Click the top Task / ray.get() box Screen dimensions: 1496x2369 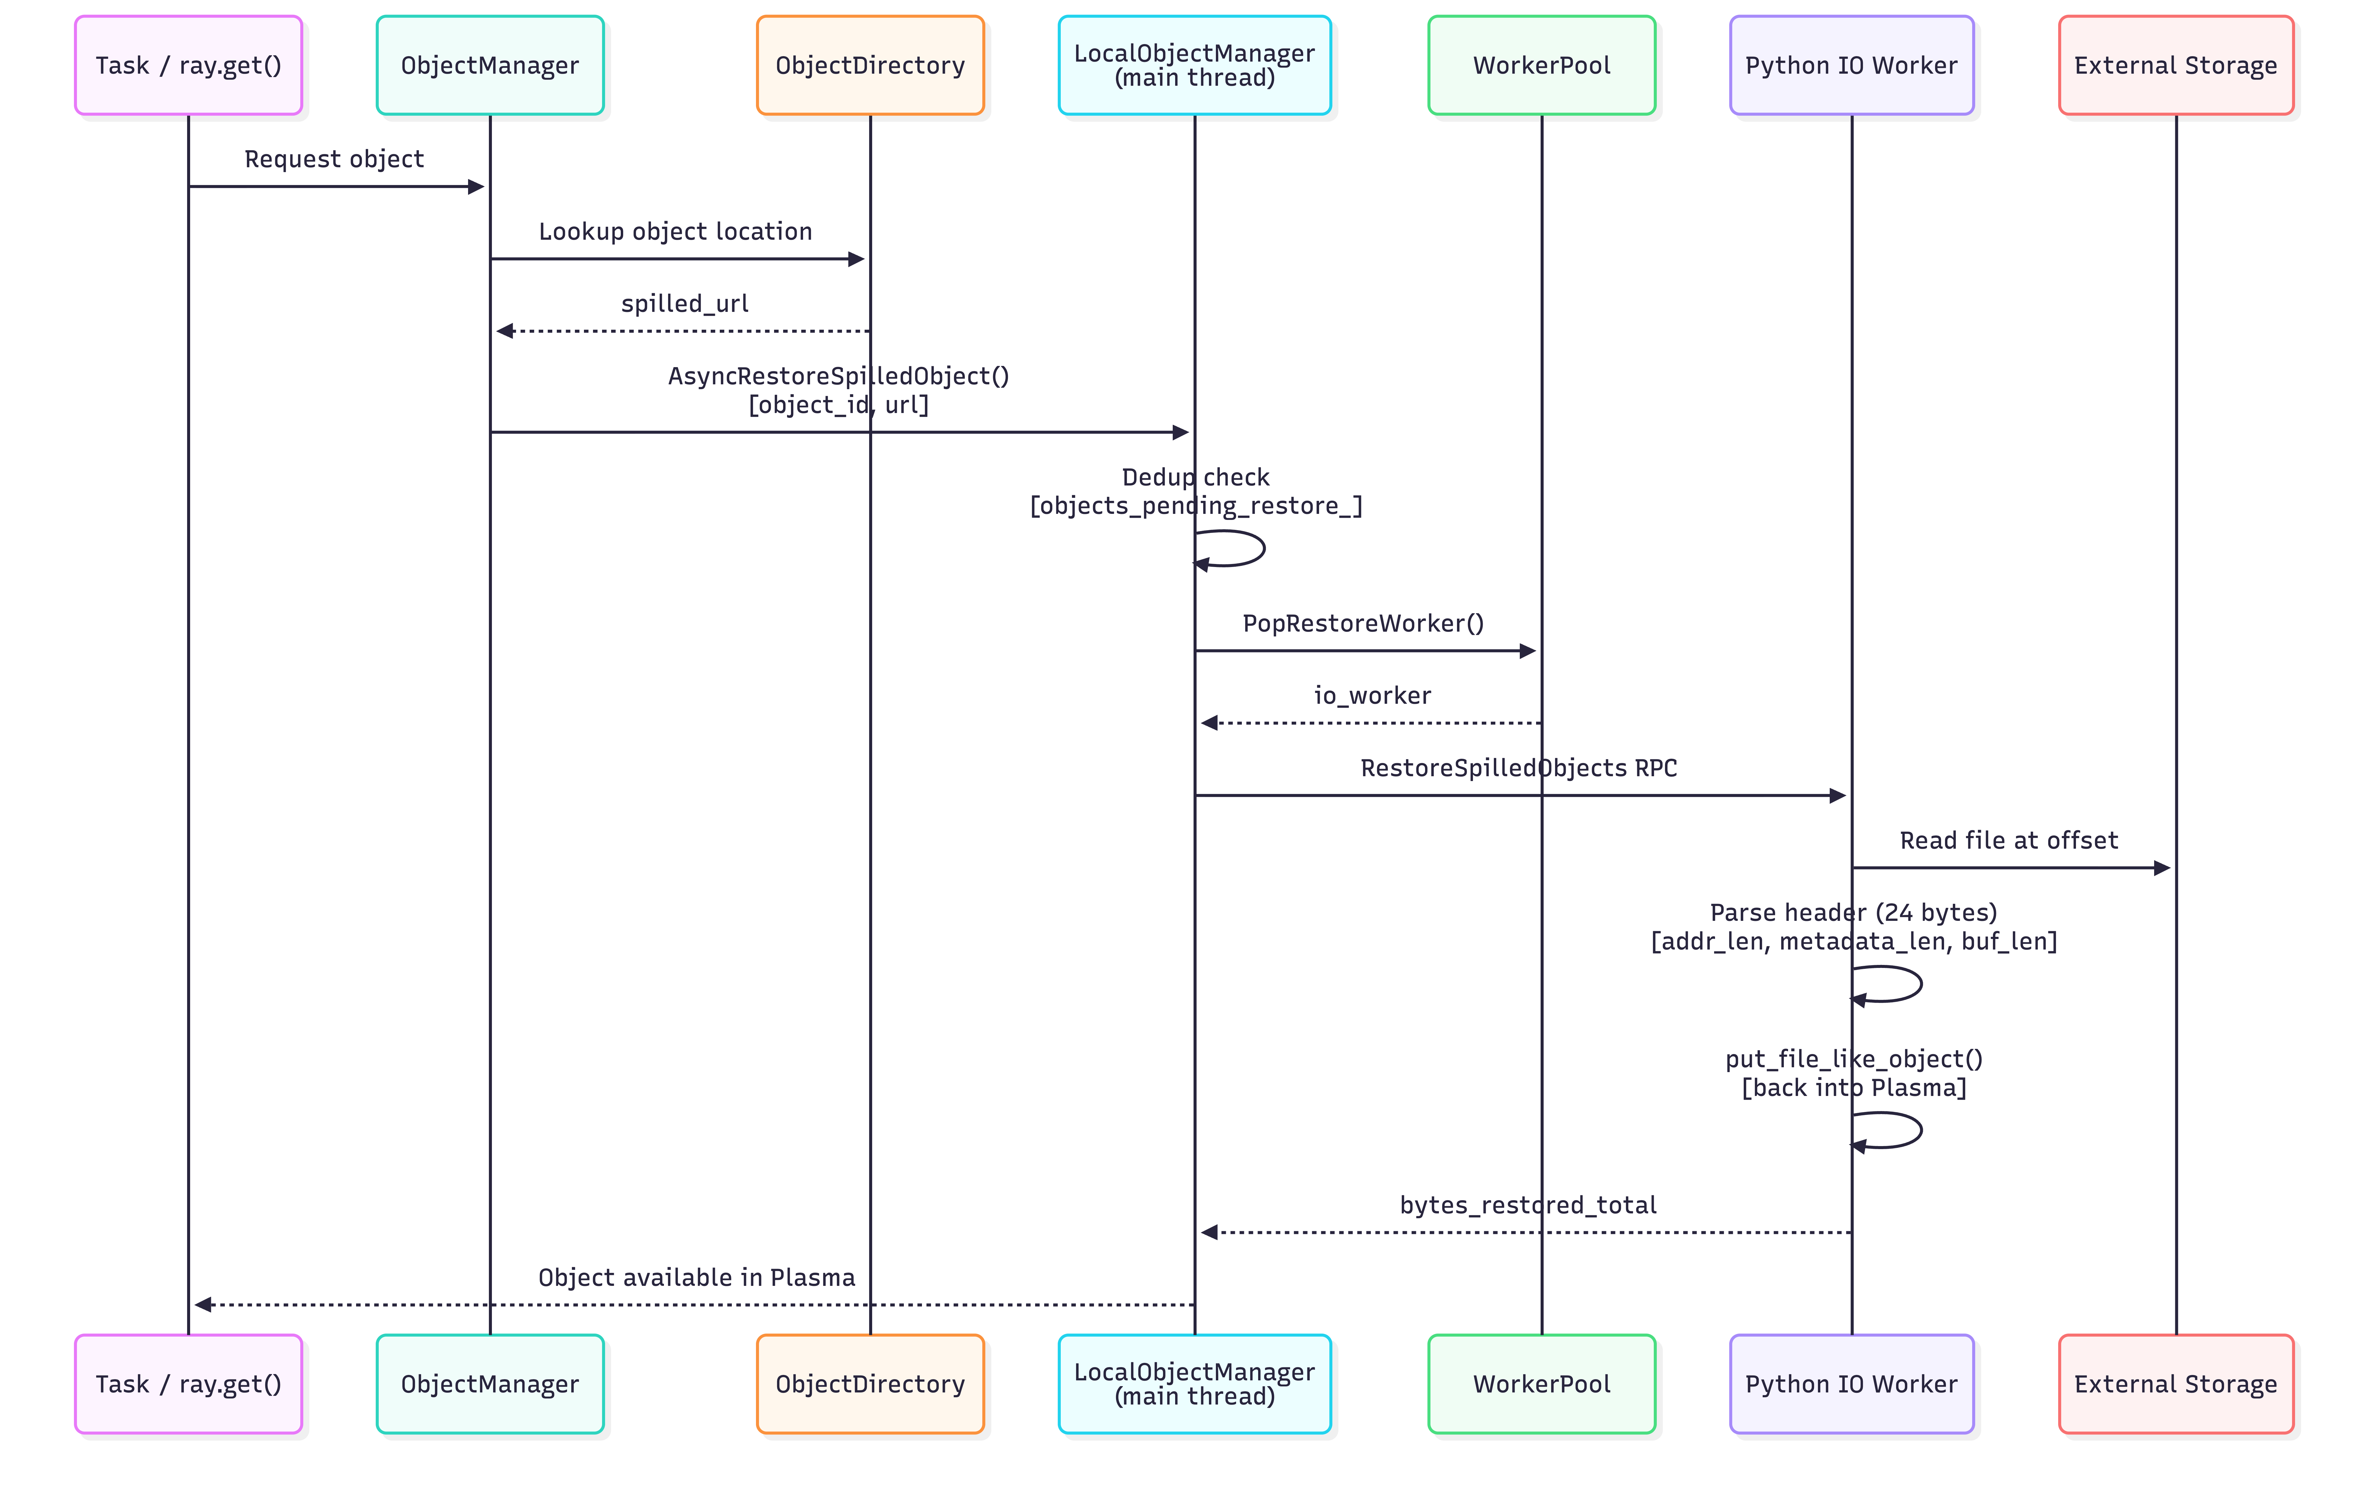(188, 65)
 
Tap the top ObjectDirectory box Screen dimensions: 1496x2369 (870, 65)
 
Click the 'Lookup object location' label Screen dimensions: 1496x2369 (675, 231)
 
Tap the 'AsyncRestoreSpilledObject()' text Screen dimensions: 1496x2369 (838, 376)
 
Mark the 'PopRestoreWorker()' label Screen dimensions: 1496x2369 (1363, 623)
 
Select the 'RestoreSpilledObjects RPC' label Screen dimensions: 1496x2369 (1518, 768)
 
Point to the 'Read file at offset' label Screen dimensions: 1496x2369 (2008, 841)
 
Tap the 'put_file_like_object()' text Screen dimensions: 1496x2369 (1854, 1059)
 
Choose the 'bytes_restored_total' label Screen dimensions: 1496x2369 (1528, 1205)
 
